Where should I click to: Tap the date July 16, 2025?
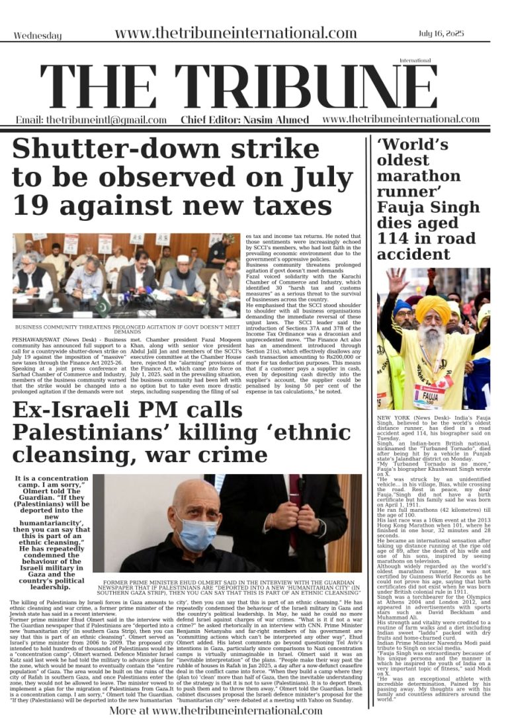pyautogui.click(x=458, y=33)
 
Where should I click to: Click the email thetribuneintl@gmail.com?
pyautogui.click(x=91, y=120)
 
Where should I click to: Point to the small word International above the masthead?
pyautogui.click(x=410, y=60)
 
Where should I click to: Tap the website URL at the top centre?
pyautogui.click(x=235, y=34)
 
